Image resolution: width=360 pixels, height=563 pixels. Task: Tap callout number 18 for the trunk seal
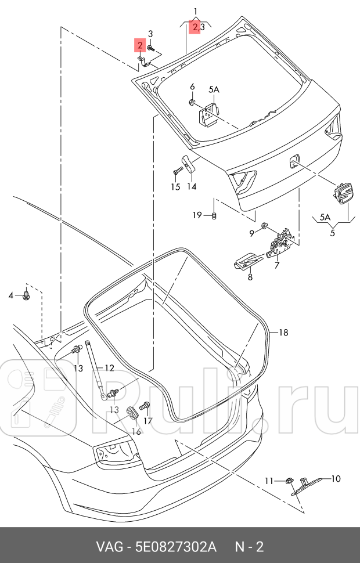(x=283, y=333)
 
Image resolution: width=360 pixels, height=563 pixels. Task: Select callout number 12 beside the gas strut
(x=109, y=368)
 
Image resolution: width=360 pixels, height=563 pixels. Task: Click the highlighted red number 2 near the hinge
(x=139, y=45)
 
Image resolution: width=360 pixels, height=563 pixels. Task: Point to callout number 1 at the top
(x=196, y=11)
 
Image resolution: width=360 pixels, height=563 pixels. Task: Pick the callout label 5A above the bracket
(x=214, y=89)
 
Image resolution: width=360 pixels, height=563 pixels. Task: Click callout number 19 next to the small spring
(x=198, y=215)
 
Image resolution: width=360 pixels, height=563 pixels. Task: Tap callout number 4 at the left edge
(x=10, y=296)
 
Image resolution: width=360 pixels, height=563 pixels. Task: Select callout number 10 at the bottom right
(x=336, y=479)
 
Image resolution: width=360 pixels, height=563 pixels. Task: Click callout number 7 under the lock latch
(x=277, y=265)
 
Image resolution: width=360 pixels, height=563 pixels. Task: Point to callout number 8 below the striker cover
(x=250, y=277)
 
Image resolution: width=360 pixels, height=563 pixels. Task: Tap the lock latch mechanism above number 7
(x=283, y=241)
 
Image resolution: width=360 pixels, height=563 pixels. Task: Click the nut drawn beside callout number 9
(x=265, y=225)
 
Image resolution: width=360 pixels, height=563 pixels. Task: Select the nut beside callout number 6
(x=192, y=103)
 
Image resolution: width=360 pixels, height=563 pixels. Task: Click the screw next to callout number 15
(x=178, y=171)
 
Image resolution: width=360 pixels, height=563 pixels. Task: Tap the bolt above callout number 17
(x=147, y=405)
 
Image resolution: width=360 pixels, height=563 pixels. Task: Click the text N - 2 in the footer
(x=250, y=547)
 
